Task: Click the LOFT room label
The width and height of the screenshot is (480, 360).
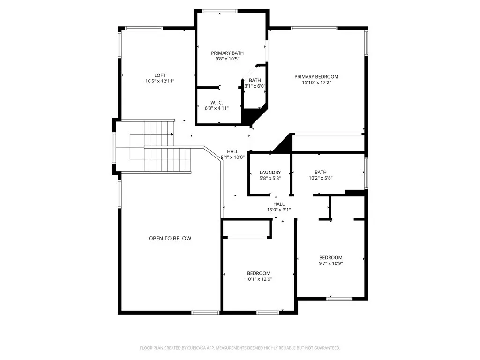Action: (x=160, y=75)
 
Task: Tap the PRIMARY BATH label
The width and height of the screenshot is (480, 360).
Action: (x=227, y=53)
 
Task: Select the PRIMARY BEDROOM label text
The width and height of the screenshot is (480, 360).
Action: (x=316, y=77)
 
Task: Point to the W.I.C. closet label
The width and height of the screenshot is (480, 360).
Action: (x=217, y=102)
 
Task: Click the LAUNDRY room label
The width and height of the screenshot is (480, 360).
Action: (x=270, y=172)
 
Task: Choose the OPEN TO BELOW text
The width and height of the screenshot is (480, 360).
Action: (x=170, y=239)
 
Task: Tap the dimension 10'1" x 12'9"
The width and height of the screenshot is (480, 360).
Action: (x=259, y=279)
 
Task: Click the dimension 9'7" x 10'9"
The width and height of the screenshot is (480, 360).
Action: (x=331, y=263)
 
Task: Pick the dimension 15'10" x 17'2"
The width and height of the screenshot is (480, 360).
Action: (x=316, y=83)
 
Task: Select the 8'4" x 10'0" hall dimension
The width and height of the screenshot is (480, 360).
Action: (x=233, y=157)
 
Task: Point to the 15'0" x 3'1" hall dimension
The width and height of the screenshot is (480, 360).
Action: (x=279, y=210)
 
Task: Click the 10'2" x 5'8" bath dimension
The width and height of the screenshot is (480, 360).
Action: (x=321, y=178)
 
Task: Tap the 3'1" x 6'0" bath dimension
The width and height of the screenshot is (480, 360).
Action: (x=255, y=86)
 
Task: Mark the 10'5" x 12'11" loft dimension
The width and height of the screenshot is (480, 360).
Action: (x=160, y=82)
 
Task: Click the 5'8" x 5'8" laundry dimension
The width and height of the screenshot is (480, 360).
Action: (x=270, y=178)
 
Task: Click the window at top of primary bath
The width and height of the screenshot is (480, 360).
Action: (x=220, y=11)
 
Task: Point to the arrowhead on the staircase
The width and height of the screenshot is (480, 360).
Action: (x=172, y=135)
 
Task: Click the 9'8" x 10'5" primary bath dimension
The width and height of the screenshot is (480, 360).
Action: (x=227, y=59)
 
